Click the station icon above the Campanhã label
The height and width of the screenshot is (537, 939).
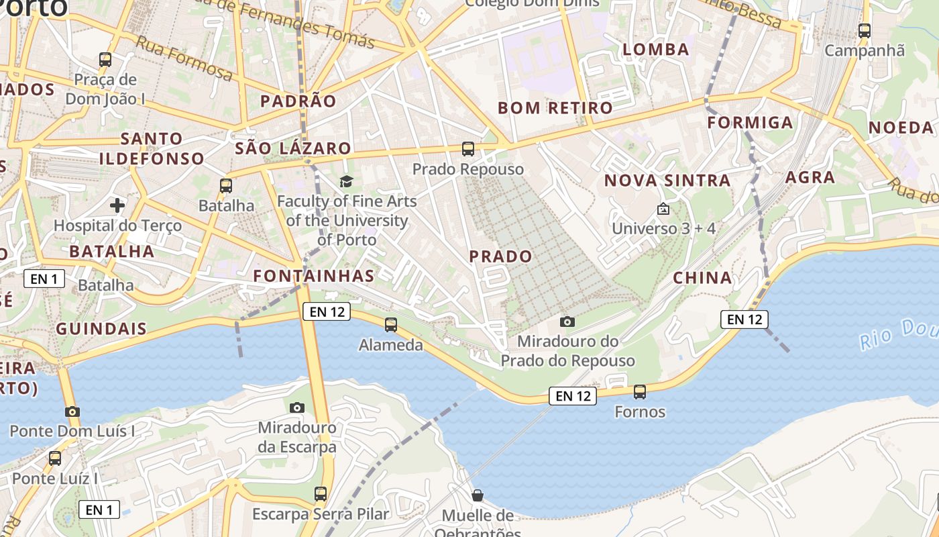click(x=865, y=30)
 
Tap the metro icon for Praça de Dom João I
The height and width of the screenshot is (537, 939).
click(x=105, y=59)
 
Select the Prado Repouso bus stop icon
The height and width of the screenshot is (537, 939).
click(x=468, y=149)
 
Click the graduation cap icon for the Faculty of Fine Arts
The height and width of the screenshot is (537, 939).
click(x=346, y=181)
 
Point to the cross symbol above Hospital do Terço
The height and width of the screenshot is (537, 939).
click(x=117, y=205)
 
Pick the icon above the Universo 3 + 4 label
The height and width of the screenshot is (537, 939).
click(x=663, y=209)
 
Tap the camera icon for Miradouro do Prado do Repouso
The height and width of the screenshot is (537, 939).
click(x=567, y=322)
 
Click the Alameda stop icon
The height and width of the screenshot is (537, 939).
click(x=391, y=325)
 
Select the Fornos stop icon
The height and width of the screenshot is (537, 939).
click(x=640, y=391)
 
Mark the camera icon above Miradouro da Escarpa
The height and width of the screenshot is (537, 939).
click(x=297, y=407)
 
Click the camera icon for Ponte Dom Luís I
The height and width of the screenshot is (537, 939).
click(x=72, y=411)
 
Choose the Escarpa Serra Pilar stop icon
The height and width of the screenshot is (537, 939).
click(x=321, y=494)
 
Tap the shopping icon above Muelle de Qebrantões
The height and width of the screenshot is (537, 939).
click(x=478, y=495)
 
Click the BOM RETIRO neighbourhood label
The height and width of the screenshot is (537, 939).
click(x=555, y=108)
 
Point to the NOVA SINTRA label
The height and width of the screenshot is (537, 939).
click(x=667, y=181)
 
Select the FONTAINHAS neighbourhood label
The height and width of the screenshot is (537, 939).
click(x=314, y=276)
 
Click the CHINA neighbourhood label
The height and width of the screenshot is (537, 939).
click(x=702, y=278)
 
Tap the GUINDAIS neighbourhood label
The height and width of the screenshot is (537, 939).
click(x=101, y=329)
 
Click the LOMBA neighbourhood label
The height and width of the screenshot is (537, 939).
click(x=656, y=50)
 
